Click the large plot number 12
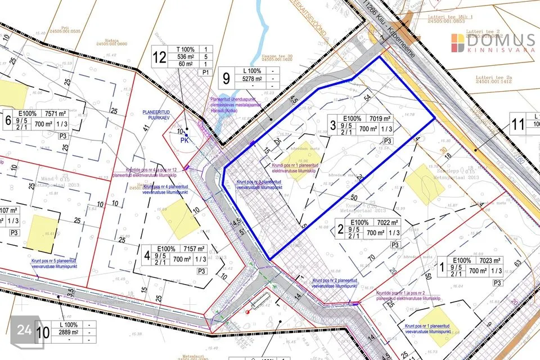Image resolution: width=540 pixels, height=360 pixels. click(x=160, y=57)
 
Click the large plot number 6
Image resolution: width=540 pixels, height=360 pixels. click(x=8, y=120)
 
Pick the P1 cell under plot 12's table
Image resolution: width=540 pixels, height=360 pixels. click(x=205, y=72)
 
